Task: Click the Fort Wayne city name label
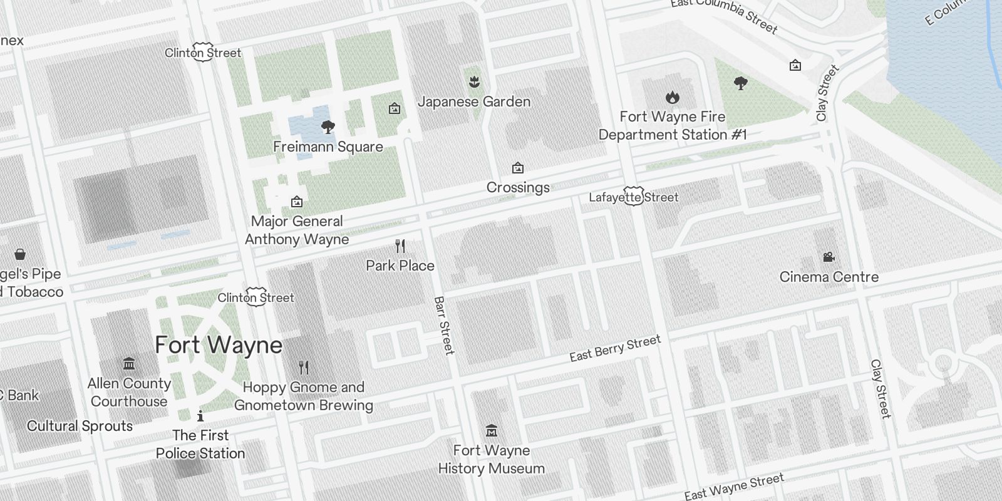coord(219,345)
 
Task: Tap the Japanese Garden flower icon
coord(474,81)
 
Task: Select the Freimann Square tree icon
coord(327,128)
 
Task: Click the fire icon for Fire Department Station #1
coord(673,97)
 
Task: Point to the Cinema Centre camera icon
coord(829,257)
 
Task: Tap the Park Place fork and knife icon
coord(400,246)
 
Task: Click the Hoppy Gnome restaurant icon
coord(304,367)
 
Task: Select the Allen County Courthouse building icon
coord(129,363)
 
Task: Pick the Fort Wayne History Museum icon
coord(492,431)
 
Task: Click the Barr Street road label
coord(443,326)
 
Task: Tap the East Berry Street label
coord(615,348)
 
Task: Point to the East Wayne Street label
coord(733,487)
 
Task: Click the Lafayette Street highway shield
coord(634,197)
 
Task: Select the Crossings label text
coord(518,187)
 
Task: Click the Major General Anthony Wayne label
coord(297,230)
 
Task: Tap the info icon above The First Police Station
coord(200,415)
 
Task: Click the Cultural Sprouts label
coord(80,426)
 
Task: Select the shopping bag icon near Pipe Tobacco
coord(20,254)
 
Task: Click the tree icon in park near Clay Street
coord(741,83)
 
